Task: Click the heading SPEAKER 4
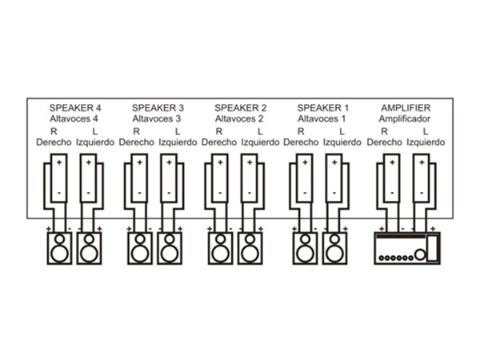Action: pyautogui.click(x=76, y=106)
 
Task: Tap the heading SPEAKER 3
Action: pyautogui.click(x=158, y=106)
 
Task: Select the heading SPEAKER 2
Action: pyautogui.click(x=241, y=106)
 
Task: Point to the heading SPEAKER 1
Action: pyautogui.click(x=323, y=106)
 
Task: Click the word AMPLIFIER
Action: pyautogui.click(x=406, y=106)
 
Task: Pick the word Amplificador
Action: pyautogui.click(x=406, y=118)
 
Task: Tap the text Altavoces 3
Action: pyautogui.click(x=158, y=118)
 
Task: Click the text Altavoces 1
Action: pyautogui.click(x=323, y=118)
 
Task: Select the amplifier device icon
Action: pyautogui.click(x=407, y=249)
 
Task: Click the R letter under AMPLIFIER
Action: pyautogui.click(x=385, y=131)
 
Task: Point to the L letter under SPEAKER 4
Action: pyautogui.click(x=95, y=131)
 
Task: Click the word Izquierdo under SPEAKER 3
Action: pyautogui.click(x=178, y=143)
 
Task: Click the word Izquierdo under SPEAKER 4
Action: pyautogui.click(x=95, y=143)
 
